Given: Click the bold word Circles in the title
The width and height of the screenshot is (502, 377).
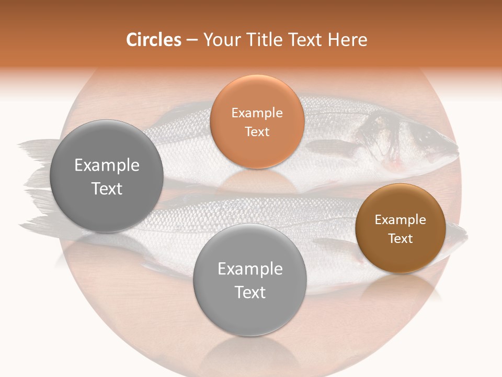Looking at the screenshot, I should point(153,40).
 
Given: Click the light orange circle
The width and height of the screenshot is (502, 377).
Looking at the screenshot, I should point(257,121).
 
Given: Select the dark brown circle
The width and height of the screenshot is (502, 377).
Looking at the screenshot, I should point(401,228).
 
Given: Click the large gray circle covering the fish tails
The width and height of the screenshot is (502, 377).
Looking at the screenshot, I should point(107,176).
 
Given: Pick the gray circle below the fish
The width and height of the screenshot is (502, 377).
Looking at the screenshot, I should point(250,280).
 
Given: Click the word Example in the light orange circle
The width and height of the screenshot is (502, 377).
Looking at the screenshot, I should point(257,113).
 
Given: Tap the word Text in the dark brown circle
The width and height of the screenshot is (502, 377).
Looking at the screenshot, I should point(401,238).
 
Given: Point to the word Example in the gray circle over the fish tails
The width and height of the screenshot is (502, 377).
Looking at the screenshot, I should point(107,165).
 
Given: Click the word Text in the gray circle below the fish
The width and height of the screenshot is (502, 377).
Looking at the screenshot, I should point(250,292).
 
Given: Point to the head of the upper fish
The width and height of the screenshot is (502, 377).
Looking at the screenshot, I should point(429,141).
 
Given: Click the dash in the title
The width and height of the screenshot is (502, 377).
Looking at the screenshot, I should point(192,40).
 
